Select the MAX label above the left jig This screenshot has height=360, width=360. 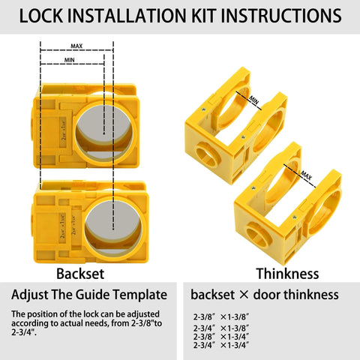tap(76, 45)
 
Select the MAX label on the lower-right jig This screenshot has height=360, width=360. tap(307, 175)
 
